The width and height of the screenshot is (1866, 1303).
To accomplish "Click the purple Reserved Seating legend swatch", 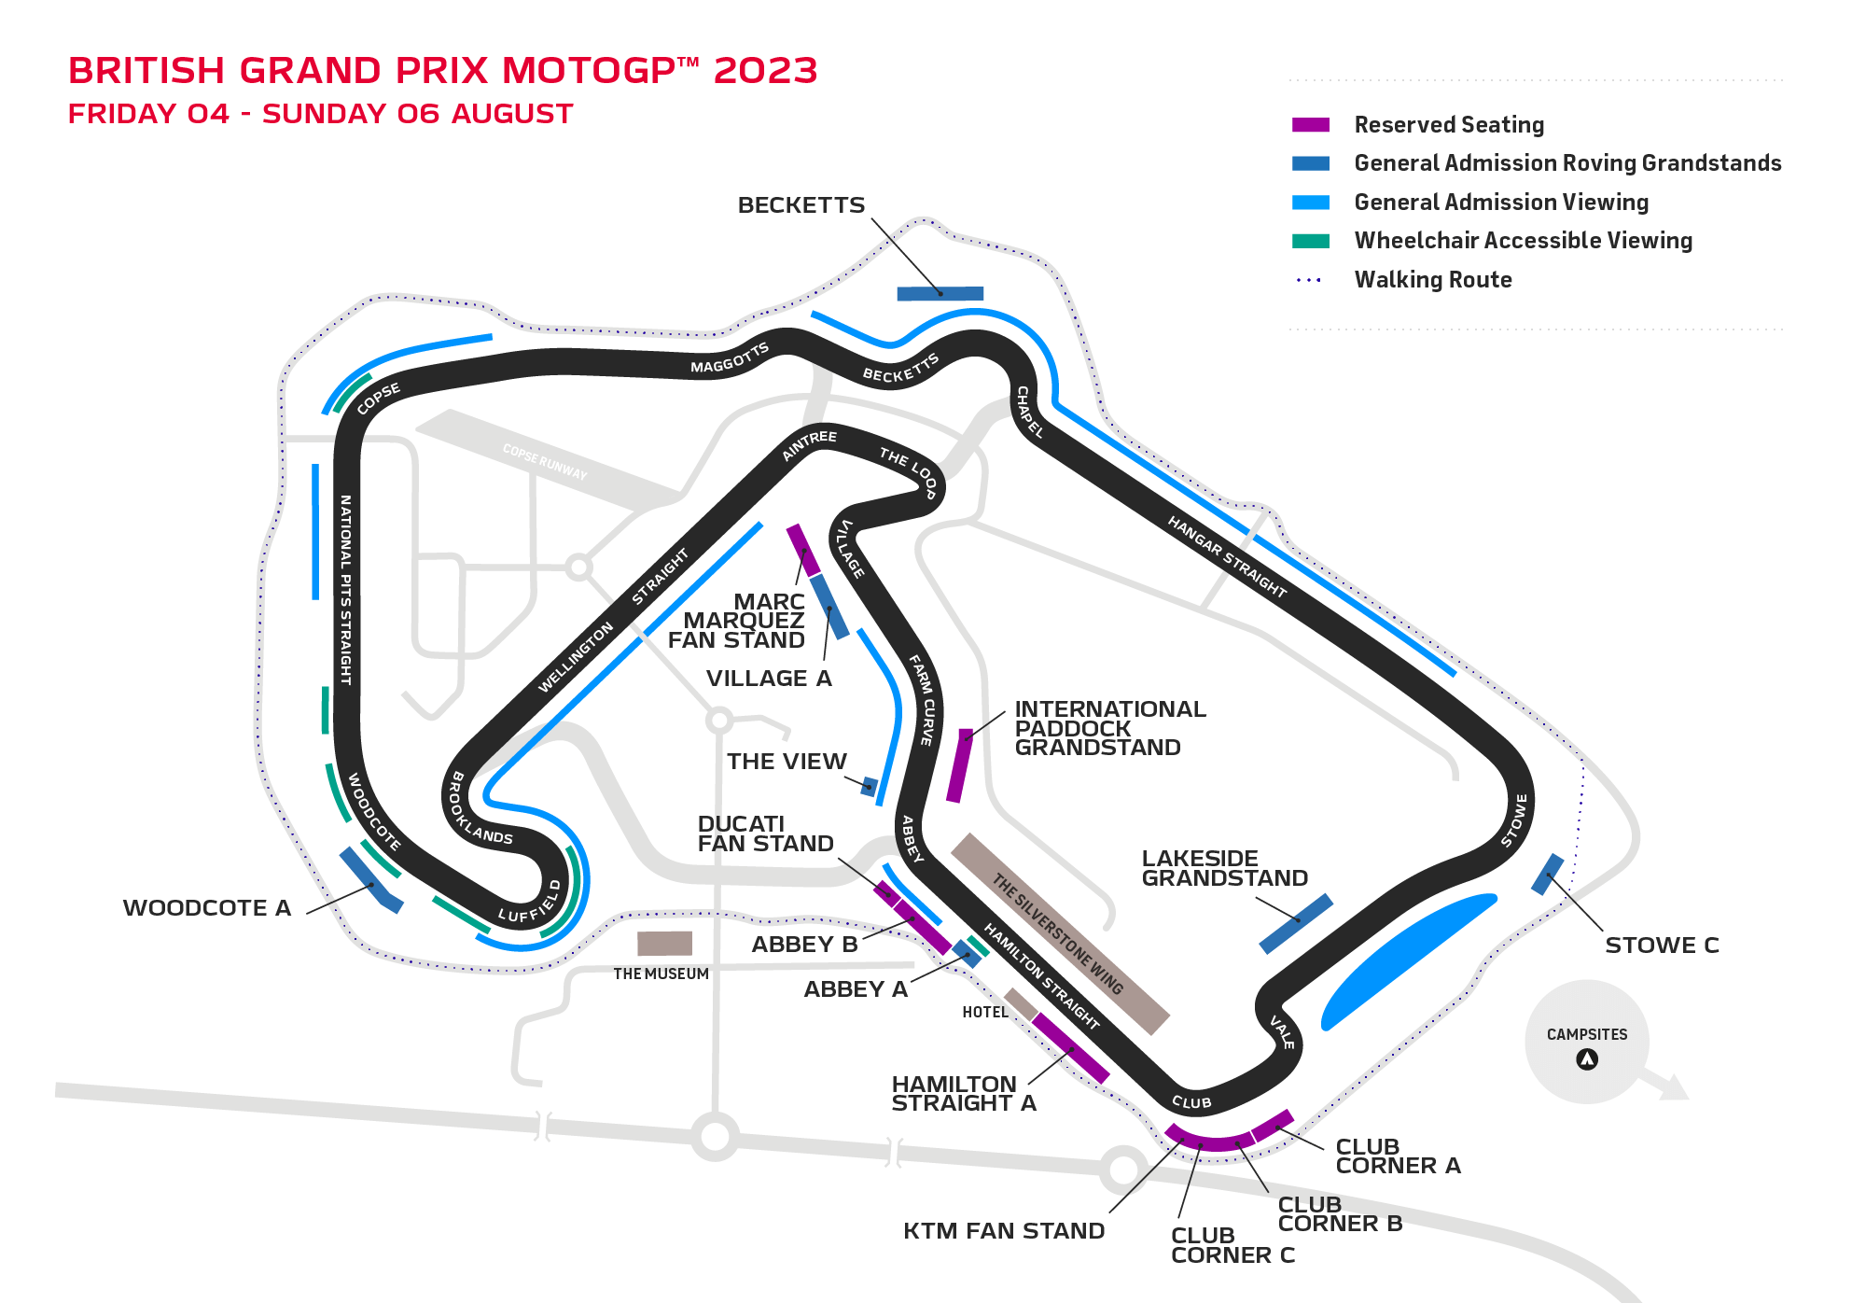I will pos(1310,125).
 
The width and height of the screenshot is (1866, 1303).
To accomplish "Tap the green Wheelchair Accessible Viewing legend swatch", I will pos(1310,241).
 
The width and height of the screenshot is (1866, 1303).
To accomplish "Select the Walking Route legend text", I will pos(1432,280).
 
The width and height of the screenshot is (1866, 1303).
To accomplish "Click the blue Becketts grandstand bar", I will pos(940,294).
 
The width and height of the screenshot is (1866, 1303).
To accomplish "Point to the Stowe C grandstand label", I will pos(1661,946).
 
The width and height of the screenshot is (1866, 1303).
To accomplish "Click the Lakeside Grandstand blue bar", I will pos(1296,924).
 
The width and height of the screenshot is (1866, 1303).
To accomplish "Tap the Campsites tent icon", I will pos(1586,1059).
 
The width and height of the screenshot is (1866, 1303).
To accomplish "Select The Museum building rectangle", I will pos(664,944).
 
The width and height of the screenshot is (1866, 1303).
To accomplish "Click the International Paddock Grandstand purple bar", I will pos(959,765).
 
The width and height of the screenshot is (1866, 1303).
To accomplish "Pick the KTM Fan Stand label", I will pos(1003,1231).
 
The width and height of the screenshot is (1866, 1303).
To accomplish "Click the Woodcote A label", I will pos(206,908).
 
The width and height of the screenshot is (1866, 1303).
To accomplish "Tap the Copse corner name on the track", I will pos(378,399).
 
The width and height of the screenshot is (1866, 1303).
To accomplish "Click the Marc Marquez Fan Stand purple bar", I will pos(802,550).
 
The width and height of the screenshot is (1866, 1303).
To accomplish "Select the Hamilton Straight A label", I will pos(963,1094).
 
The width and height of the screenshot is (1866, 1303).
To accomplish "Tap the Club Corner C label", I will pos(1232,1245).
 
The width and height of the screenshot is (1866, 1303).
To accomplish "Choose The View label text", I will pos(787,762).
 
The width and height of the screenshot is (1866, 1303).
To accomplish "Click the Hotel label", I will pos(984,1013).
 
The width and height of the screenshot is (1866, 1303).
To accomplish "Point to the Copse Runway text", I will pos(545,462).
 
